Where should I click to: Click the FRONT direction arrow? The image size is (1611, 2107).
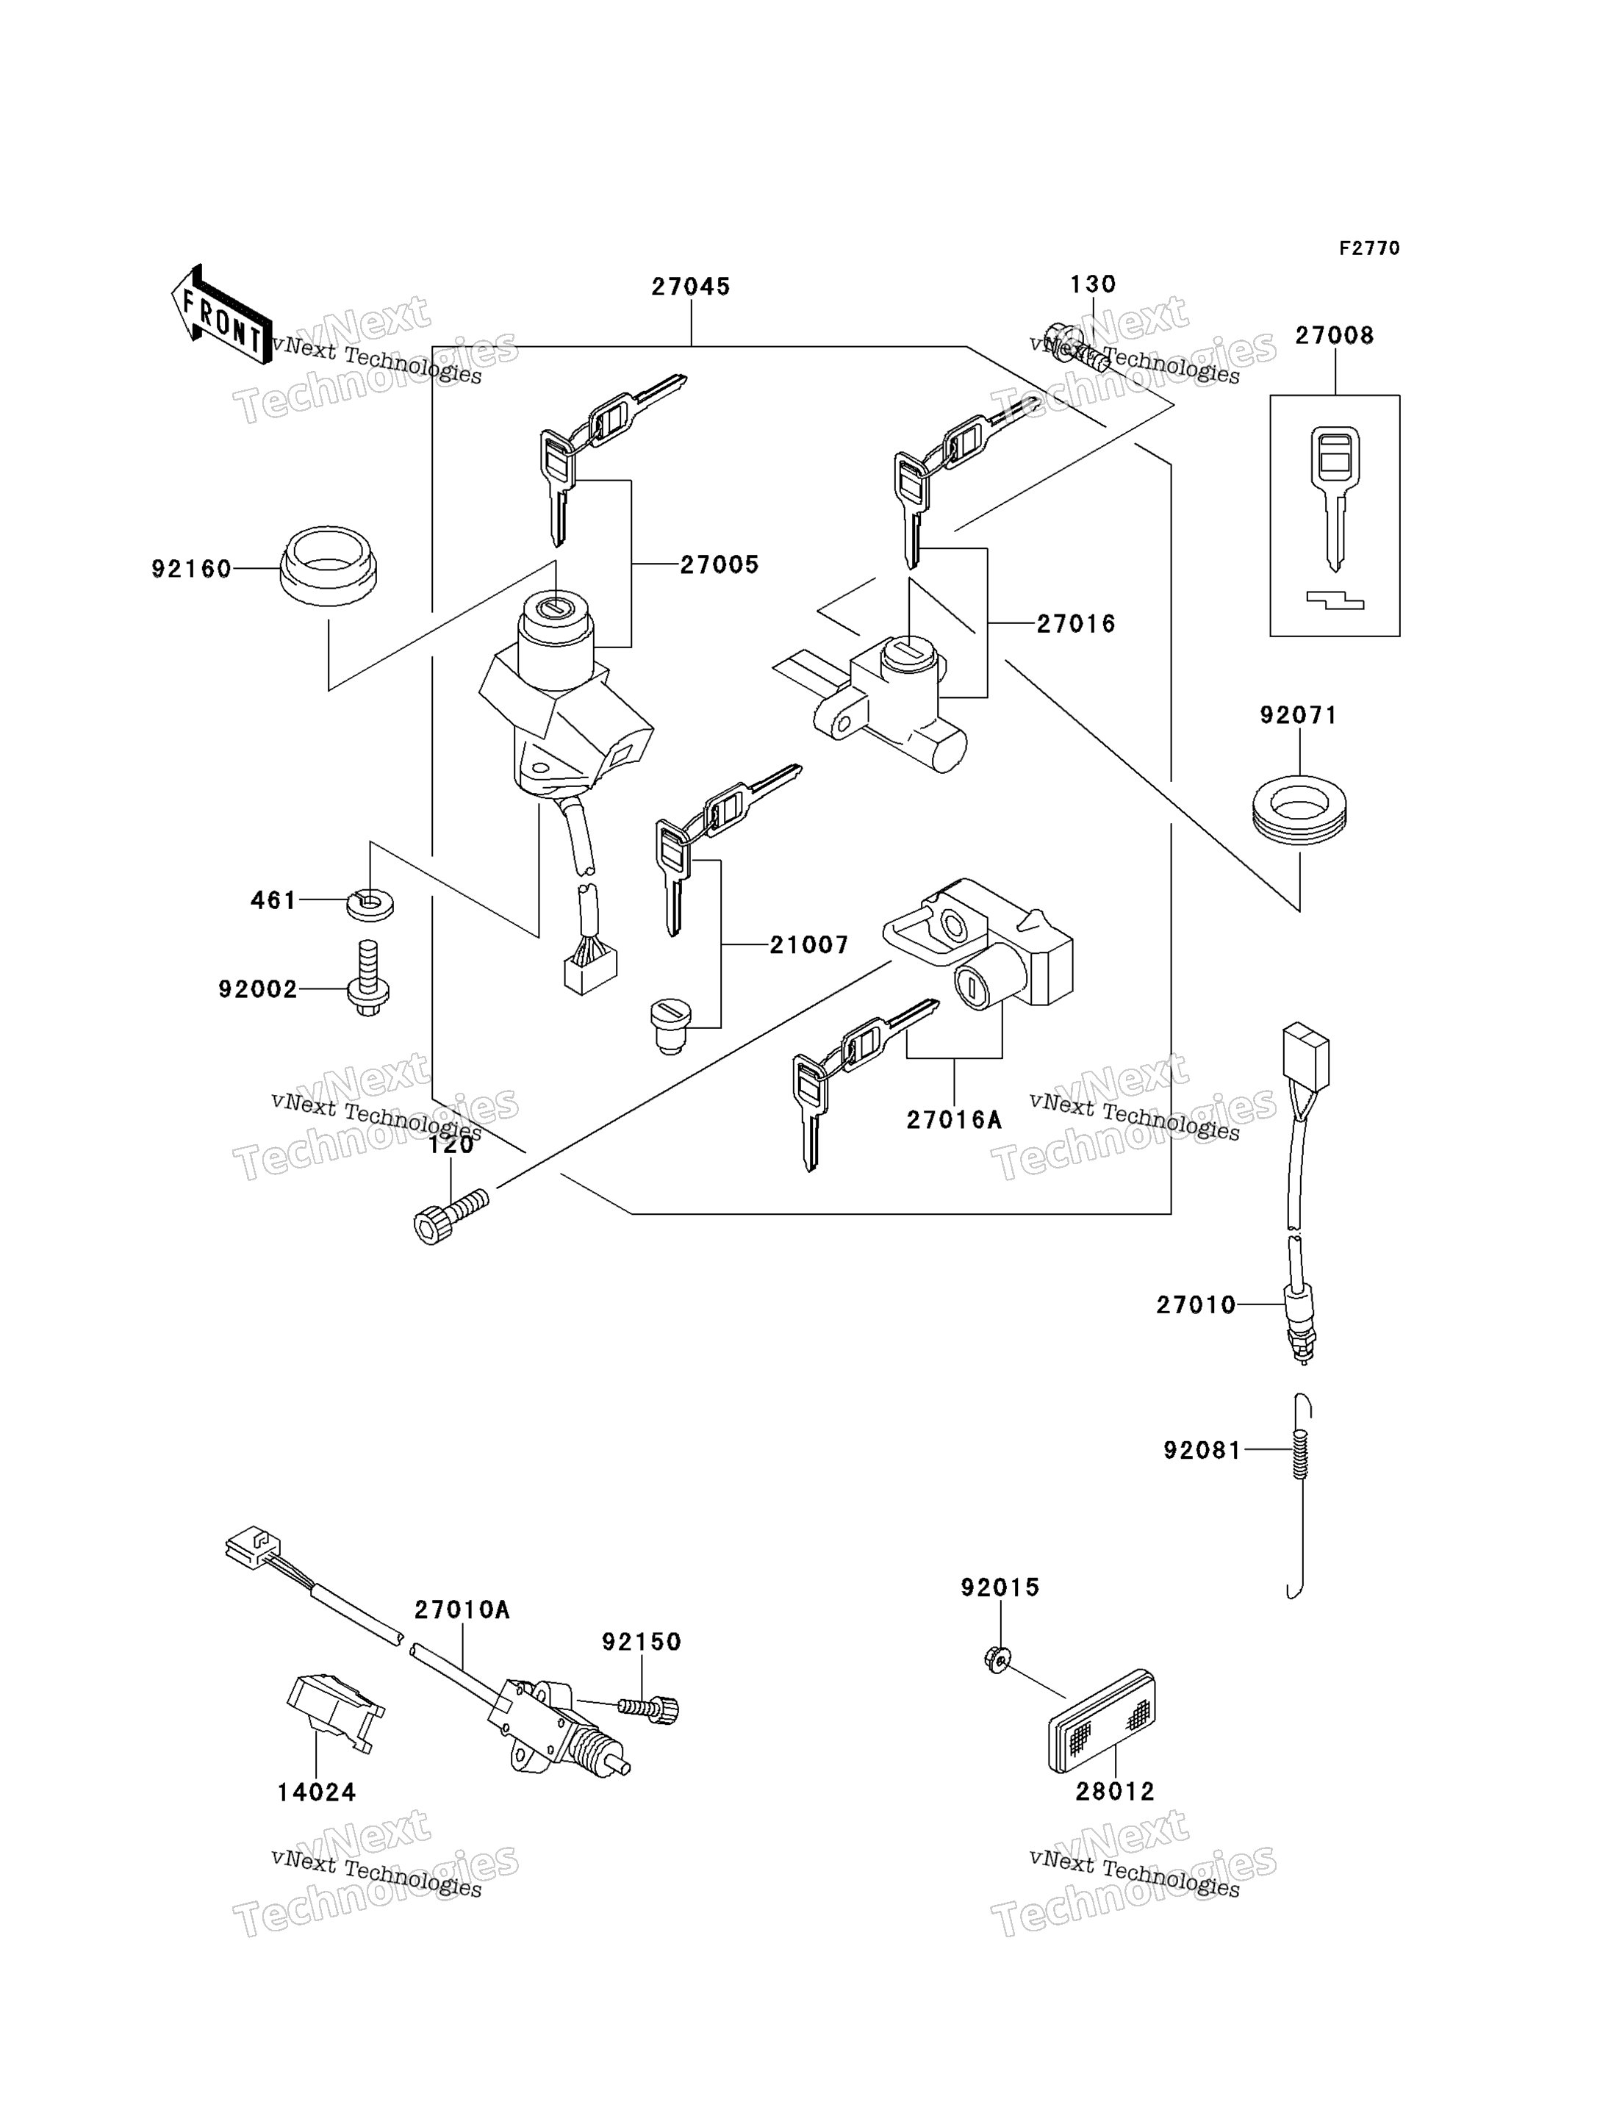tap(220, 315)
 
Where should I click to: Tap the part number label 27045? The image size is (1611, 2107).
tap(690, 287)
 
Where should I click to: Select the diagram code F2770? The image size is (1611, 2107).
tap(1369, 248)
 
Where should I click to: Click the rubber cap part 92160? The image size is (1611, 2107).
tap(328, 566)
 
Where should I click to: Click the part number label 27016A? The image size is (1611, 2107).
tap(954, 1120)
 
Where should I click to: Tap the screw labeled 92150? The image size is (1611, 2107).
tap(648, 1708)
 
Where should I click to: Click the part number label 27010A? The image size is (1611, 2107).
tap(462, 1610)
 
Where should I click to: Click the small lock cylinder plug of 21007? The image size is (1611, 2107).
tap(670, 1025)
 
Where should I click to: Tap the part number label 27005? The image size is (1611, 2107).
tap(720, 565)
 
